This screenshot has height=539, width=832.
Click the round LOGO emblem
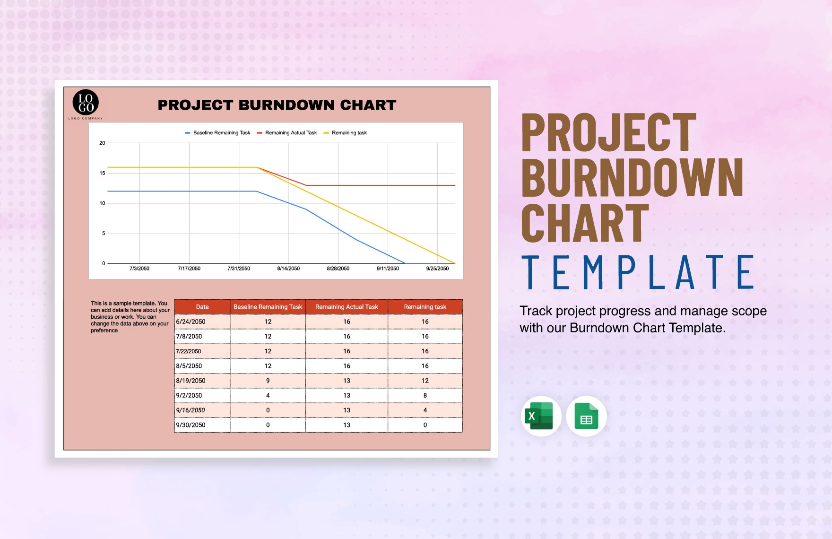point(86,103)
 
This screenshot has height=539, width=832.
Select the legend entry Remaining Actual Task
point(287,133)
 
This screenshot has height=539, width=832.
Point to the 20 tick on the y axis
point(102,143)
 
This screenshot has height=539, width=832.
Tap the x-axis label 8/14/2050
point(288,269)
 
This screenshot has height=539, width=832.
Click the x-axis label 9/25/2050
point(437,269)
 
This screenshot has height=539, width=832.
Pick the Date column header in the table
point(202,307)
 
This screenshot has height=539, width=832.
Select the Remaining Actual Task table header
point(347,307)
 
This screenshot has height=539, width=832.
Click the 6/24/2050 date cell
point(202,322)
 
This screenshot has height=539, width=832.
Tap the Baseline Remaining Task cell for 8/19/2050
point(268,381)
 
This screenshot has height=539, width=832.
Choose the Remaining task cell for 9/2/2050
point(425,395)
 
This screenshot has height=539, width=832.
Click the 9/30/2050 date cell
point(202,425)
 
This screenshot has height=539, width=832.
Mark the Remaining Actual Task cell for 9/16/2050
point(347,410)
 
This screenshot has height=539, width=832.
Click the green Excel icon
point(541,416)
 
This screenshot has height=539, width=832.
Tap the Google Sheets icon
point(586,416)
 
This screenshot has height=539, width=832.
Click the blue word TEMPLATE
point(638,272)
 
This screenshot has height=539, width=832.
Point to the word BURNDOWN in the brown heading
point(633,177)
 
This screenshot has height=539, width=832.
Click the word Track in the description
point(536,311)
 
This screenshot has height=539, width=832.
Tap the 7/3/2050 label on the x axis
point(139,269)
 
